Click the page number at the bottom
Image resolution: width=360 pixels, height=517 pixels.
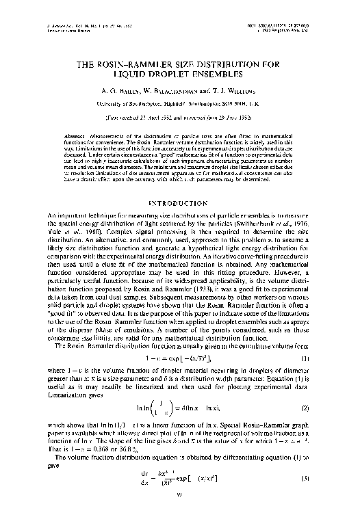(x=179, y=511)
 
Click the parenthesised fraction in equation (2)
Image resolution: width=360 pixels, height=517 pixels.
(x=160, y=408)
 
